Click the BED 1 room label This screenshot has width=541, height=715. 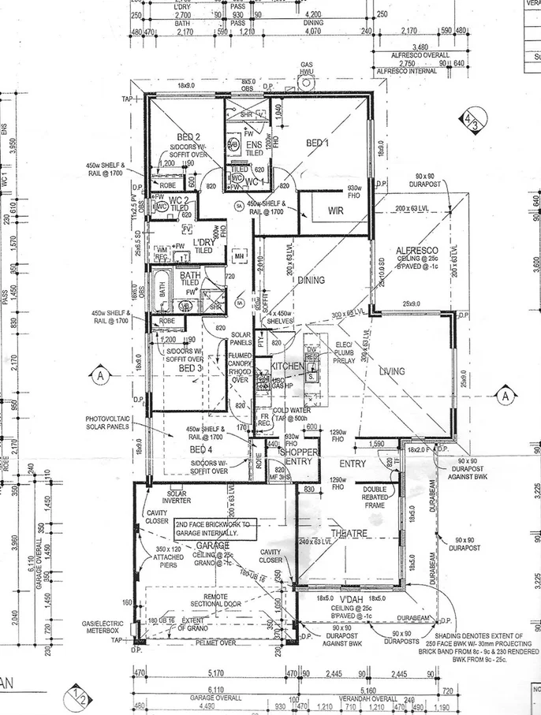(318, 143)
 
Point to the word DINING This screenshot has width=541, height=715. (311, 280)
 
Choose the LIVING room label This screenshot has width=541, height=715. (392, 371)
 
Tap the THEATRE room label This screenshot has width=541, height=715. (349, 534)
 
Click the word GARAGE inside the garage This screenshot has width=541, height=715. (213, 545)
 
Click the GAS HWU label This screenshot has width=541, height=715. (307, 69)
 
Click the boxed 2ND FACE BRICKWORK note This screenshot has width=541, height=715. (213, 528)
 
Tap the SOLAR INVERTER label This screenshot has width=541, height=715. (177, 497)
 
